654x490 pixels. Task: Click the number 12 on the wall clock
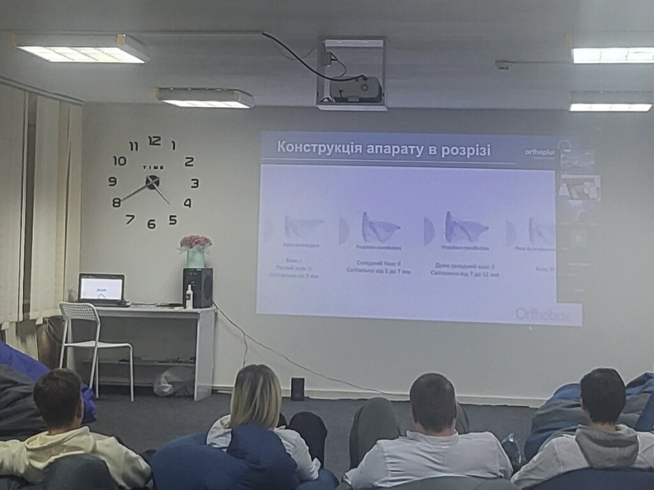pos(155,141)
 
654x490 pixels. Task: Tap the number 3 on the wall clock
pos(195,183)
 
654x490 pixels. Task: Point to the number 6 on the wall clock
pos(151,224)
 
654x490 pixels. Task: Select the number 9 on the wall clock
pos(112,182)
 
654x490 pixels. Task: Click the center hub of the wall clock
pos(152,182)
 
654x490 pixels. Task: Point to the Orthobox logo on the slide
pos(539,313)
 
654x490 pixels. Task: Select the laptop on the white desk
pos(102,289)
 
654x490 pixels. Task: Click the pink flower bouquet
pos(195,242)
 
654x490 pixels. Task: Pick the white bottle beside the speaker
pos(189,297)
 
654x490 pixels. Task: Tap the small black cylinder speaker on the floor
pos(298,389)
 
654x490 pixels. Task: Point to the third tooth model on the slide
pos(465,228)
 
